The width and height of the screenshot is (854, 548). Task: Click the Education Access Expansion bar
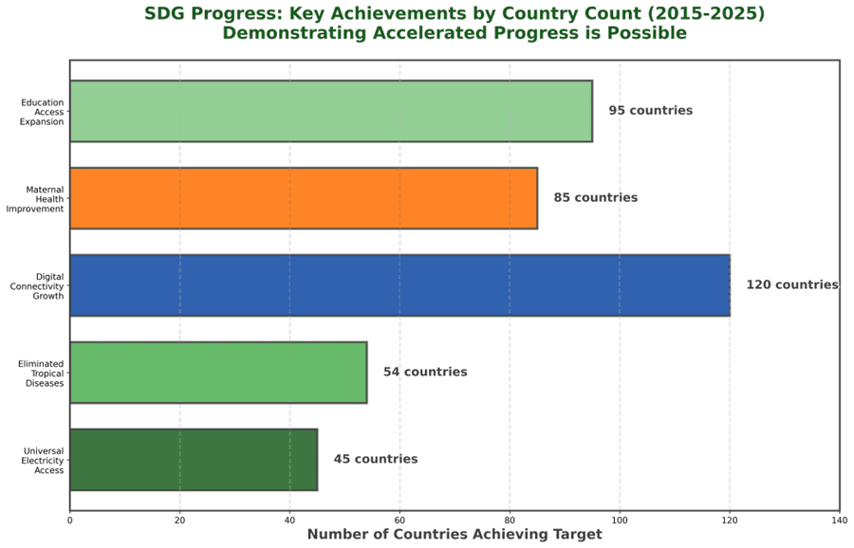tap(331, 111)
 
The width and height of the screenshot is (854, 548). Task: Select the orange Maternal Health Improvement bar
tap(304, 198)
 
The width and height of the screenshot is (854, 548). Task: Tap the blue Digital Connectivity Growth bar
tap(399, 285)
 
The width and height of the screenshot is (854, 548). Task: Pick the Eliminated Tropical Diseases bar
tap(218, 373)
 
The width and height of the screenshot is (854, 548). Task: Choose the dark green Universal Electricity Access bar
tap(194, 460)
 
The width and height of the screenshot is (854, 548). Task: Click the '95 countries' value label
tap(650, 111)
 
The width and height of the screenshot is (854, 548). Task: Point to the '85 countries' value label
tap(596, 198)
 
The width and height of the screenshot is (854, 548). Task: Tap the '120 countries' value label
tap(791, 285)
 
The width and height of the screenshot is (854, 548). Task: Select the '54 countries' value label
tap(425, 373)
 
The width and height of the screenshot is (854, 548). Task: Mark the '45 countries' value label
tap(375, 460)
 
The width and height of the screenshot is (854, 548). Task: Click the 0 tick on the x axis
tap(70, 519)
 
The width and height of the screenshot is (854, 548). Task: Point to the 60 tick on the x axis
tap(399, 519)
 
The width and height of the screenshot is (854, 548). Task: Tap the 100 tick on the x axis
tap(620, 519)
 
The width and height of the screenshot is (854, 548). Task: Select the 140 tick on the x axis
tap(839, 519)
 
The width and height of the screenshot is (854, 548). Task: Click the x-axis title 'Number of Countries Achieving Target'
tap(455, 535)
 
